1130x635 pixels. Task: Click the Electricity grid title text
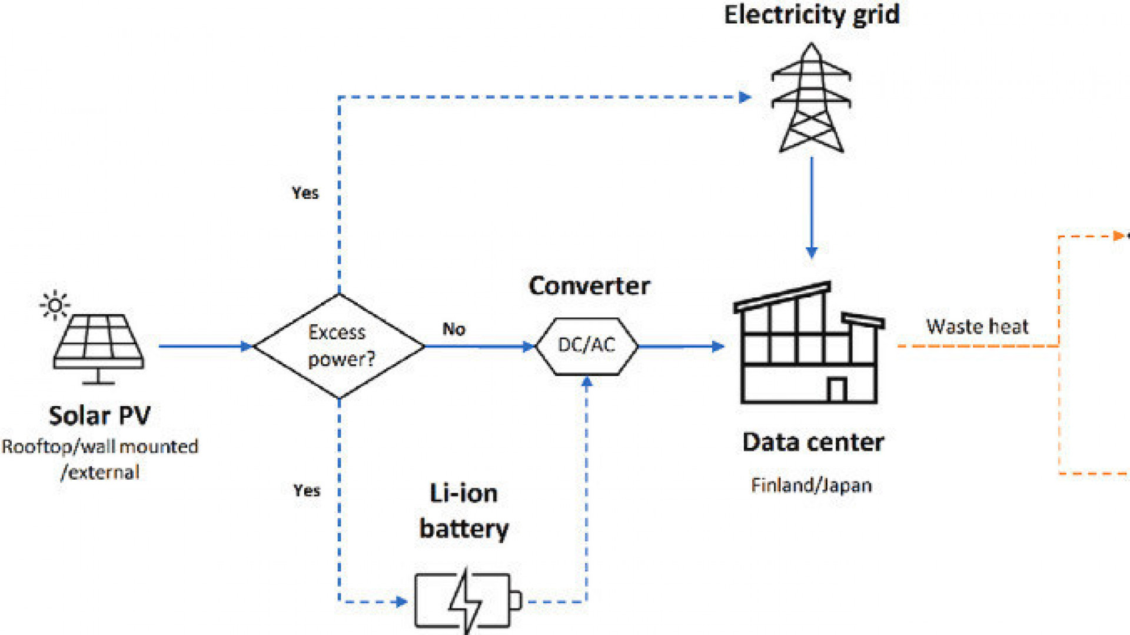coord(811,15)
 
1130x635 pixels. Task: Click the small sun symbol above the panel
coord(55,305)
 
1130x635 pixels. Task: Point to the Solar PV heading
coord(99,415)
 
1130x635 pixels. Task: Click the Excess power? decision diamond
coord(339,346)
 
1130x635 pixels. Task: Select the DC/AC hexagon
coord(586,346)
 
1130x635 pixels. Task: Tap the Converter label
coord(589,286)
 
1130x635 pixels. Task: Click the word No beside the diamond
coord(454,329)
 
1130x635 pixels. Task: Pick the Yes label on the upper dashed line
coord(305,193)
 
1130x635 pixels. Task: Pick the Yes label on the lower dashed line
coord(307,490)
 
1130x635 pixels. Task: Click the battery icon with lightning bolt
coord(467,600)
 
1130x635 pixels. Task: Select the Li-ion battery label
coord(464,511)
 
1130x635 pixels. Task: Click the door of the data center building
coord(836,390)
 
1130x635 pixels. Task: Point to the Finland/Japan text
coord(811,486)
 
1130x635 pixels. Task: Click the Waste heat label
coord(977,327)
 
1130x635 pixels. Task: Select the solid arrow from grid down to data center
coord(812,206)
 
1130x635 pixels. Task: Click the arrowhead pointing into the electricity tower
coord(745,97)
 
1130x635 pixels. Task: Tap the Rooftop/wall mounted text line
coord(100,447)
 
